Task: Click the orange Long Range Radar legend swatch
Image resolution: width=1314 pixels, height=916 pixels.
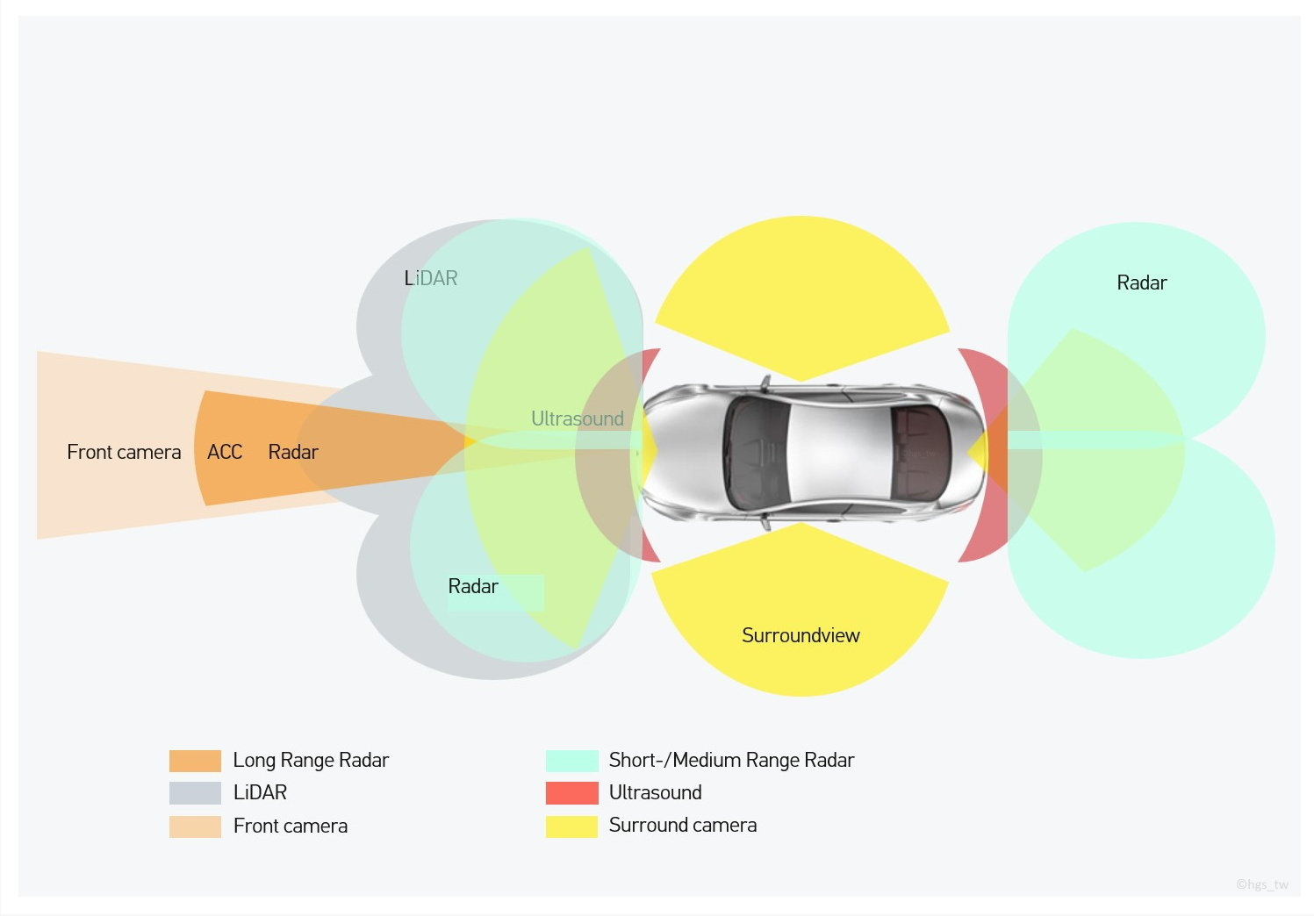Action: tap(195, 761)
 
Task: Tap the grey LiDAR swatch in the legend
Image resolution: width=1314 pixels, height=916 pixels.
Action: tap(195, 793)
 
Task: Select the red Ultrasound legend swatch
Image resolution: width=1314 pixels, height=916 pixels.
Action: tap(571, 793)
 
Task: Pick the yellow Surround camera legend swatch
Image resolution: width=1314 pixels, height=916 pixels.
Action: tap(571, 826)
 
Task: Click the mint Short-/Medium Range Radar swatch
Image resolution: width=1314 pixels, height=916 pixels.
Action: tap(571, 761)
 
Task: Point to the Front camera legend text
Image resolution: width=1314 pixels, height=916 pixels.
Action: tap(291, 826)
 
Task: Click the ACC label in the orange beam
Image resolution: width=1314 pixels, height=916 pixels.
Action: tap(225, 452)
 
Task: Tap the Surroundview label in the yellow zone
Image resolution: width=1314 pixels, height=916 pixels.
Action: tap(801, 635)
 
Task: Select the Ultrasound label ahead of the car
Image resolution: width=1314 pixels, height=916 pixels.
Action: tap(578, 419)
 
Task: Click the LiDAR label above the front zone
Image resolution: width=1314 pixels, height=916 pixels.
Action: tap(431, 278)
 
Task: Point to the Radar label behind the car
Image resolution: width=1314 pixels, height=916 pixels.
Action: tap(1142, 283)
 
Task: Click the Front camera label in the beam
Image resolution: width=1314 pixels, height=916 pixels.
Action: tap(124, 452)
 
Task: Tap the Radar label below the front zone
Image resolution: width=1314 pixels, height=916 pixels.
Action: tap(473, 586)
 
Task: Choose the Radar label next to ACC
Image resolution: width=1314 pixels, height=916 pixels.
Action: tap(293, 452)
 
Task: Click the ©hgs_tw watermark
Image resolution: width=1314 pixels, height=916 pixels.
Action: tap(1262, 884)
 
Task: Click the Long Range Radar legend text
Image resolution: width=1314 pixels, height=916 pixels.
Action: tap(311, 760)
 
